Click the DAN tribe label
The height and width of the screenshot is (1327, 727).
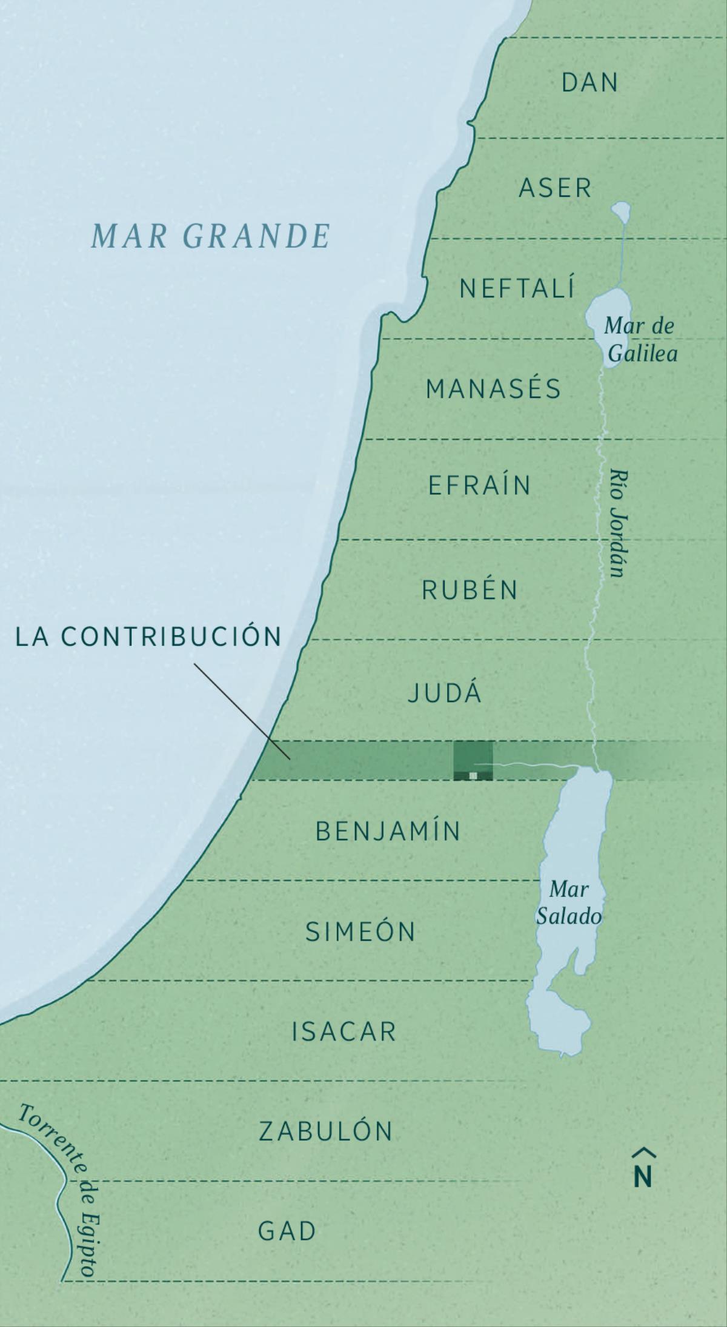(589, 83)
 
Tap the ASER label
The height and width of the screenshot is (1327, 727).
(555, 188)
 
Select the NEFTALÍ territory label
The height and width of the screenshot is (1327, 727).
(517, 288)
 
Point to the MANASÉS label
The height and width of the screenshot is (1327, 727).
(493, 389)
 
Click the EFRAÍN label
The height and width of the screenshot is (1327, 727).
(479, 486)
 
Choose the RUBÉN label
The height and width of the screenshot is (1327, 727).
(470, 590)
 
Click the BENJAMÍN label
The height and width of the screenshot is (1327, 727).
(388, 832)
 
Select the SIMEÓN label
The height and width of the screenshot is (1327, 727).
(360, 932)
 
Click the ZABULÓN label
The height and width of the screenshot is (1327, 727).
(326, 1131)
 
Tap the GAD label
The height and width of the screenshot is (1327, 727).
(287, 1231)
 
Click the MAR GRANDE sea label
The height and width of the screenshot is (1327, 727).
(210, 236)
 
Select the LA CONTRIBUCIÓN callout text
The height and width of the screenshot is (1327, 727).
(148, 637)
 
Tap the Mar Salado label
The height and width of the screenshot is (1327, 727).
(569, 902)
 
